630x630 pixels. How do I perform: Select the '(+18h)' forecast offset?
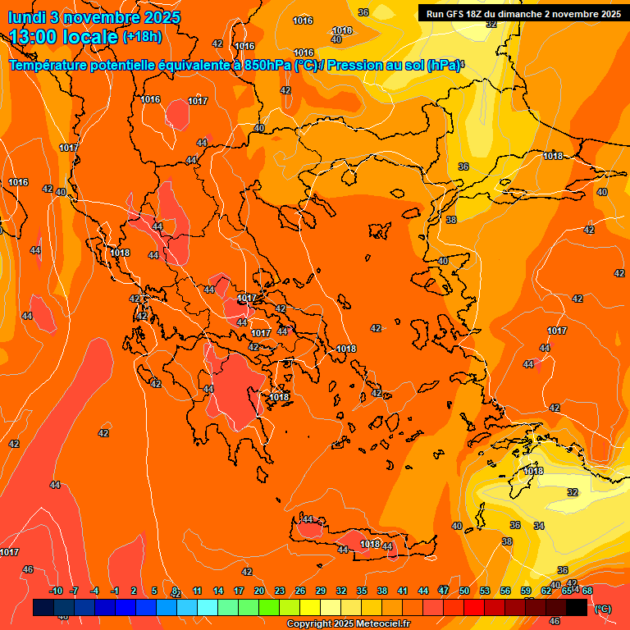[x=142, y=37]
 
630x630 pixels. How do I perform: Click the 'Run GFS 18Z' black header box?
[x=523, y=13]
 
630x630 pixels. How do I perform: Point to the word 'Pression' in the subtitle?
[x=354, y=66]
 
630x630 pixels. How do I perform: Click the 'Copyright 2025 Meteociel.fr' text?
[x=349, y=624]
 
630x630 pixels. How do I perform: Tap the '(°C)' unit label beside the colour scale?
[x=602, y=609]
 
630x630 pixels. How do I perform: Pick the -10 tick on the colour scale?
[x=56, y=591]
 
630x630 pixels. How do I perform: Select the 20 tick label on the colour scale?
[x=259, y=591]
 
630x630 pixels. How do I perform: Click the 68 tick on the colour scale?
[x=587, y=591]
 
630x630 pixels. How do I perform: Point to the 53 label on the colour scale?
[x=485, y=591]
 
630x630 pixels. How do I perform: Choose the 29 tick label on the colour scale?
[x=321, y=591]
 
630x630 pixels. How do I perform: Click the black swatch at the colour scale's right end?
[x=577, y=607]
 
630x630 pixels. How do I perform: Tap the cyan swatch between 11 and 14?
[x=208, y=607]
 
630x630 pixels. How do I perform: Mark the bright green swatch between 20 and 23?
[x=269, y=607]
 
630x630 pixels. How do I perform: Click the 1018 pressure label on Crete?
[x=371, y=544]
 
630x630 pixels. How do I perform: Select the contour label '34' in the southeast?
[x=539, y=526]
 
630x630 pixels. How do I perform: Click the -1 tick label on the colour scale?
[x=115, y=591]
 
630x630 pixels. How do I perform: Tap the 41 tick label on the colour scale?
[x=403, y=591]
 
